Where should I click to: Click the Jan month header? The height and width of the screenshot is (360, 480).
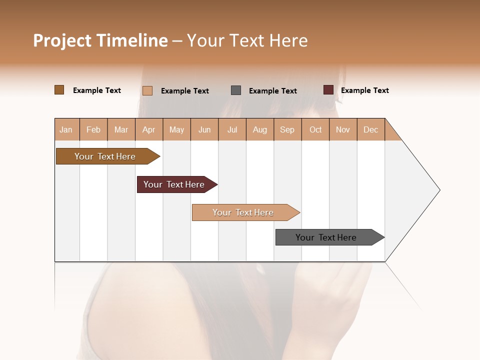(66, 129)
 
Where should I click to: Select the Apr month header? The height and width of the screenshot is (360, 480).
(148, 129)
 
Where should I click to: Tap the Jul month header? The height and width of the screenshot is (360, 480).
(232, 129)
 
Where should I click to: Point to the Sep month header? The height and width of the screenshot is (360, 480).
(287, 129)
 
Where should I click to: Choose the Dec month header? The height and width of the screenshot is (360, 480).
(370, 129)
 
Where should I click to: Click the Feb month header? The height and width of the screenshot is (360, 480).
(93, 129)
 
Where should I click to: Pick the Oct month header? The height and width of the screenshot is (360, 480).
(315, 129)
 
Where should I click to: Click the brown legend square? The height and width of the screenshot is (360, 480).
(59, 90)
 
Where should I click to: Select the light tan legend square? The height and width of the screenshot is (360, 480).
(147, 90)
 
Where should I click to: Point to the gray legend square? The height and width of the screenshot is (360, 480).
(236, 90)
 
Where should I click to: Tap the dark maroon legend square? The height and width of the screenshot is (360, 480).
(328, 90)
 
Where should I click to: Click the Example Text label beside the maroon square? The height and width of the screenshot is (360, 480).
(364, 90)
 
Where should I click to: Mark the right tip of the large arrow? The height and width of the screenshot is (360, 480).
(439, 190)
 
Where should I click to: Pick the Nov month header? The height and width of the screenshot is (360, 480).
(342, 129)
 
